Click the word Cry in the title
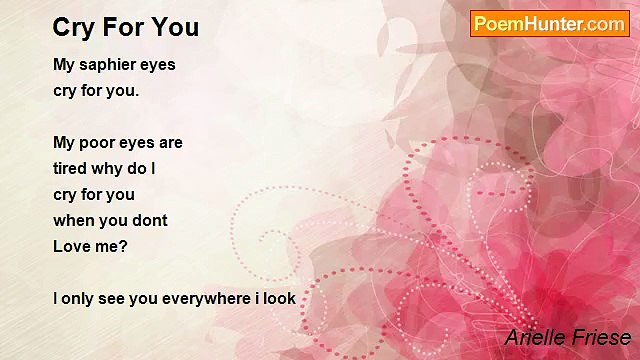coord(76,27)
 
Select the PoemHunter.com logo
coord(549,24)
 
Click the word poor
coord(96,143)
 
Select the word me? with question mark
coord(112,246)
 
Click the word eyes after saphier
coord(157,65)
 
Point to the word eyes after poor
coord(137,143)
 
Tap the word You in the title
coord(180,27)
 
